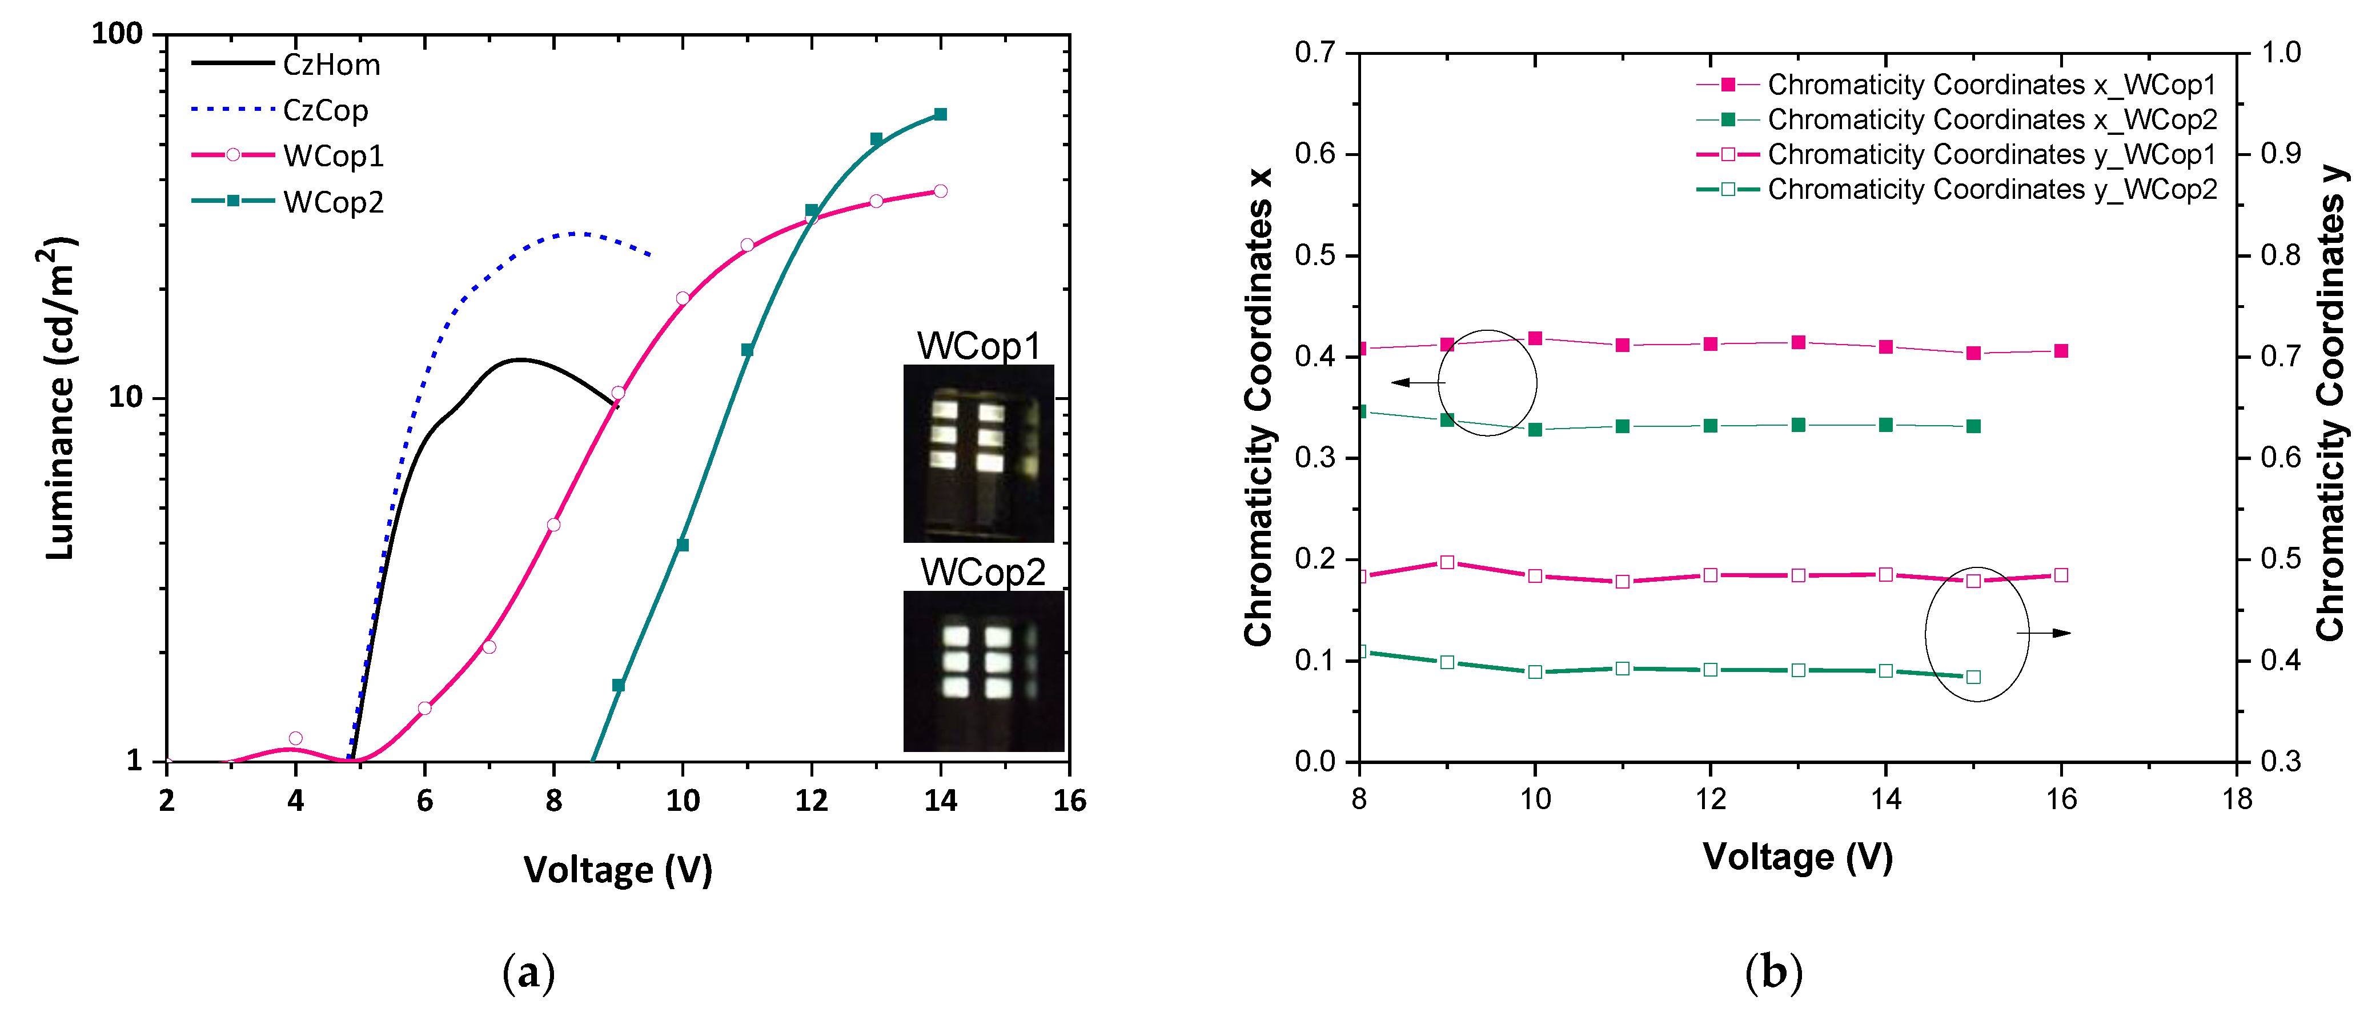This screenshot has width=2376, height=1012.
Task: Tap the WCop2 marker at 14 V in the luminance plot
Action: [940, 114]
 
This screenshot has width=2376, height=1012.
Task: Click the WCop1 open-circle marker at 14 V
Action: [940, 191]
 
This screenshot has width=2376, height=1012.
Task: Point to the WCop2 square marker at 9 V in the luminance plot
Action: [618, 686]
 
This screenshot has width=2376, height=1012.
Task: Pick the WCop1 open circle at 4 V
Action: [295, 738]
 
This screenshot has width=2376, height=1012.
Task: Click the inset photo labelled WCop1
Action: [978, 453]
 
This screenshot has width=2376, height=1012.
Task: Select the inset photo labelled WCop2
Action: [982, 671]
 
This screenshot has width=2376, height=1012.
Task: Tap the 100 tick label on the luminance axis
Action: [117, 34]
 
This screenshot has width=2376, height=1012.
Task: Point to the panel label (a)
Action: [528, 973]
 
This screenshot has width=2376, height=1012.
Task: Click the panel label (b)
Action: [1773, 973]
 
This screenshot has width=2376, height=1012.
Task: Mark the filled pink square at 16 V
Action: [2061, 350]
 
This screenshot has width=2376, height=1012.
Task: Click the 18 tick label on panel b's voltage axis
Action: [2237, 799]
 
